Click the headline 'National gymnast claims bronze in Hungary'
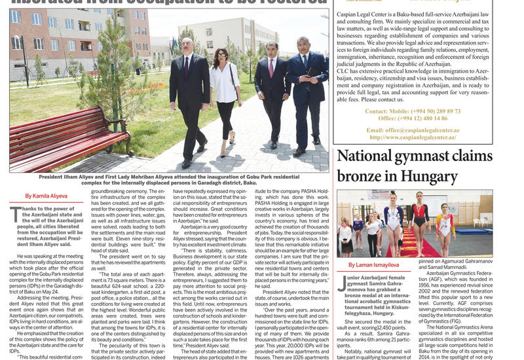pos(414,166)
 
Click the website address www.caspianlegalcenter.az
pos(415,137)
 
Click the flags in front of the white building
pos(174,46)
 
